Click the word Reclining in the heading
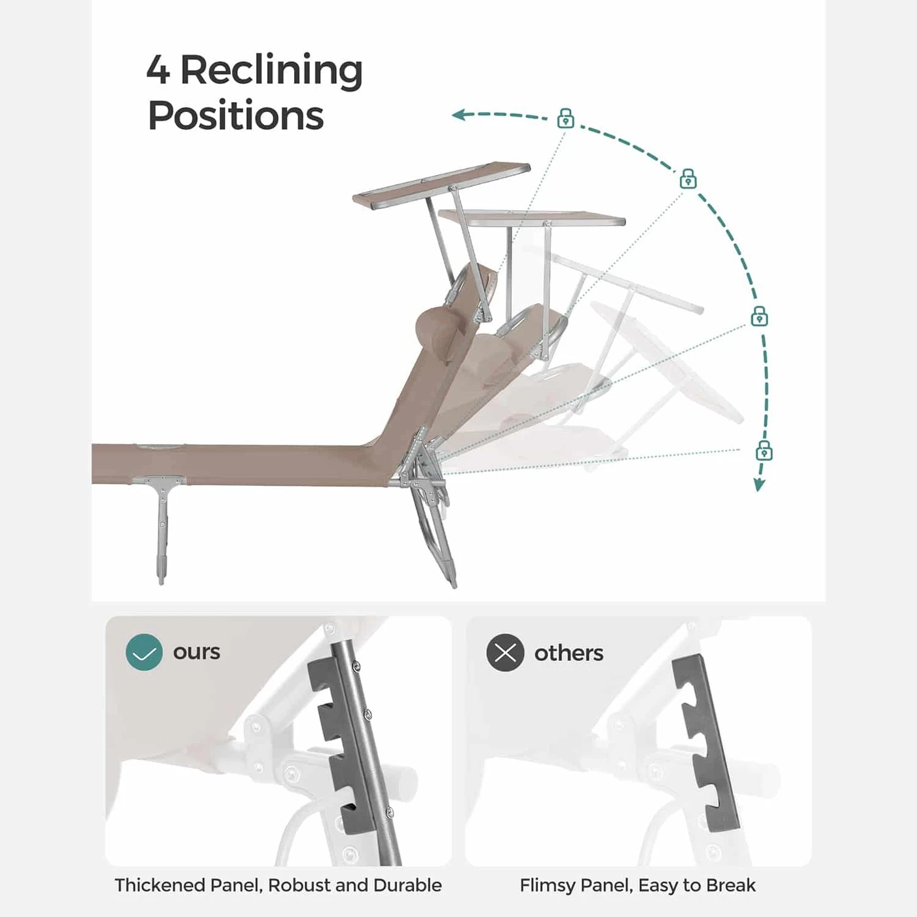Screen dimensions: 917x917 pos(271,70)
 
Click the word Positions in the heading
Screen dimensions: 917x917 pos(236,116)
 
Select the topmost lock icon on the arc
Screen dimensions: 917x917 pos(566,119)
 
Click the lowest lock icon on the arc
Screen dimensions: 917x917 pos(764,451)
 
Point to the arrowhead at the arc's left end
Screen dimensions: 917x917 pos(458,115)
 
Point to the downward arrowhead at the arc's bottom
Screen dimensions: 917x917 pos(758,485)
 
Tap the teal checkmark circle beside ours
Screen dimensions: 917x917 pos(143,652)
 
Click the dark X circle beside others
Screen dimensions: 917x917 pos(505,652)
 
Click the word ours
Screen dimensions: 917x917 pos(196,652)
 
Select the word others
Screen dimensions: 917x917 pos(569,653)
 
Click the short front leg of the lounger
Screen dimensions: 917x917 pos(161,531)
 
